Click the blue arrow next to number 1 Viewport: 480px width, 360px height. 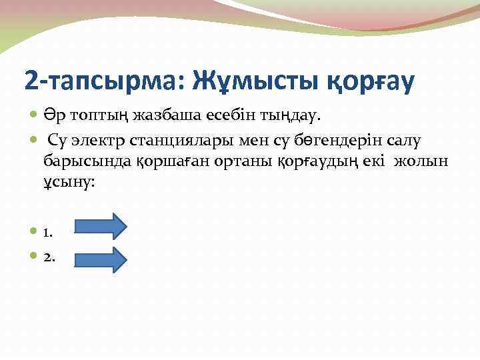pyautogui.click(x=100, y=226)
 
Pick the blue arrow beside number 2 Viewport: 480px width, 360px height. pyautogui.click(x=100, y=259)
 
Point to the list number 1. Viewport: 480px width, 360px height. pyautogui.click(x=48, y=233)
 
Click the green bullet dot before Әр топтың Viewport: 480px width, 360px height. pyautogui.click(x=35, y=117)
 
